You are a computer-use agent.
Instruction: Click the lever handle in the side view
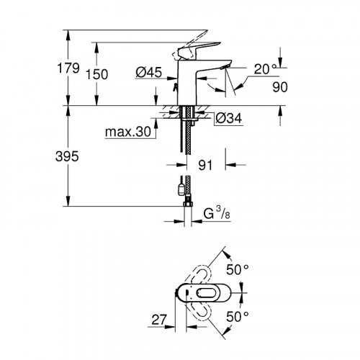(189, 49)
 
